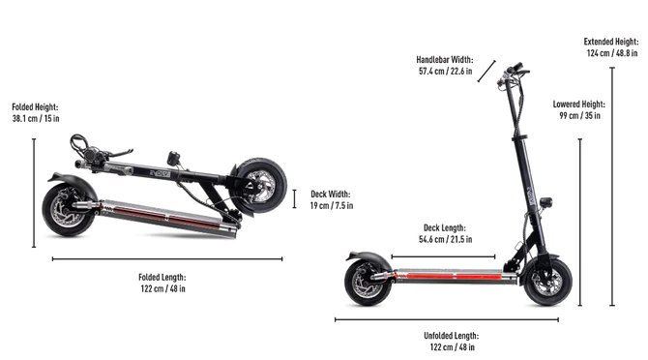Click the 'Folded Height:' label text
pos(35,107)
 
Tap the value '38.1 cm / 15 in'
pos(36,119)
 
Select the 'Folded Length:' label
pos(162,278)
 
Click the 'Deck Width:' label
pos(331,194)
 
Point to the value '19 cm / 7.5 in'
pos(332,205)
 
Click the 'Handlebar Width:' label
pos(445,60)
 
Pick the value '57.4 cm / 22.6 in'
pos(446,71)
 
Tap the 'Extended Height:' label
pos(611,42)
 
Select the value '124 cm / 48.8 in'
pos(612,53)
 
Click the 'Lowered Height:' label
pos(579,105)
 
